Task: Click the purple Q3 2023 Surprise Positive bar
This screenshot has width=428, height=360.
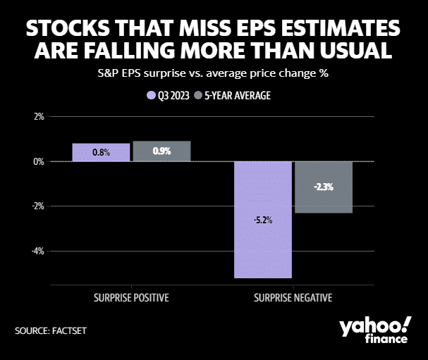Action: point(101,152)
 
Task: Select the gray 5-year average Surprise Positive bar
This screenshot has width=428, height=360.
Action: point(161,151)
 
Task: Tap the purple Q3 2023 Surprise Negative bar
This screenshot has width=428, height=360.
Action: point(263,220)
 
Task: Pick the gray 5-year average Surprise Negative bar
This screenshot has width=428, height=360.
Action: point(324,187)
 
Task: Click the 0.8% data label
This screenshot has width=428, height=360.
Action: point(101,152)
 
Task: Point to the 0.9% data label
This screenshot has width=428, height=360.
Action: point(161,151)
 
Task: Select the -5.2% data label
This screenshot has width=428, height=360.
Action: point(263,220)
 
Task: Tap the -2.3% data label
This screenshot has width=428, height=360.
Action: point(324,187)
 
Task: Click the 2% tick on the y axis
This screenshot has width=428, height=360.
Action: point(38,116)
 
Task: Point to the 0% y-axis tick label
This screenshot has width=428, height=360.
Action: point(38,161)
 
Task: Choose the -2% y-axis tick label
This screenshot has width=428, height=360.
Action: point(37,206)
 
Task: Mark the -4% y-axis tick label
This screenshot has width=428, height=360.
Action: point(37,251)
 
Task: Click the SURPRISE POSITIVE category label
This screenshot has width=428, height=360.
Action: point(131,297)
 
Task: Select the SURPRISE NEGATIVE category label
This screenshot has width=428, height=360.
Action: point(293,297)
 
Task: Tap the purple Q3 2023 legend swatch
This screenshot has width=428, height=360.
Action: point(150,94)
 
